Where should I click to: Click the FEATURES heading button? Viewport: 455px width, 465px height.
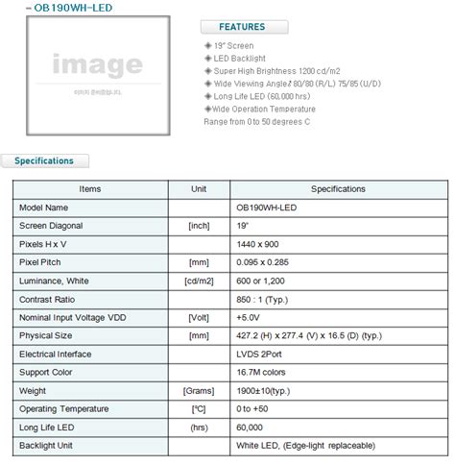tap(241, 27)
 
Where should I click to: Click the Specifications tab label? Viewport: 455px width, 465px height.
tap(44, 161)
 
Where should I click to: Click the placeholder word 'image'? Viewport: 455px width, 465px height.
tap(97, 65)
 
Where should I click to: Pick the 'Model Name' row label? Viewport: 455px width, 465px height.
tap(43, 207)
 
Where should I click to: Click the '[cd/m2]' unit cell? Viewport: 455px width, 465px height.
tap(199, 280)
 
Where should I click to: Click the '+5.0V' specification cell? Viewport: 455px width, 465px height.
tap(250, 317)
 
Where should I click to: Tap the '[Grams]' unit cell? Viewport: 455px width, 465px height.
tap(199, 390)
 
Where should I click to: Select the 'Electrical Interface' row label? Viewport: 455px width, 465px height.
tap(57, 354)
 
